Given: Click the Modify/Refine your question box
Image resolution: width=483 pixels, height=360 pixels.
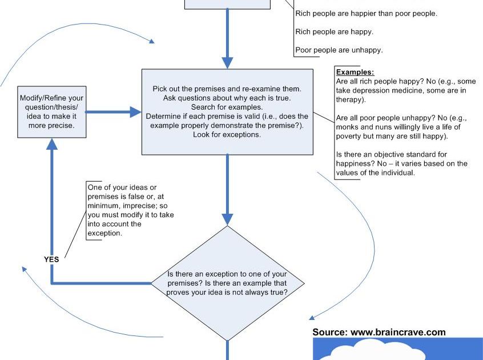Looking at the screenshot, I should [51, 111].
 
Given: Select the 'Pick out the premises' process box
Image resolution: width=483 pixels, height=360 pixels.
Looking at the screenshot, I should [227, 112].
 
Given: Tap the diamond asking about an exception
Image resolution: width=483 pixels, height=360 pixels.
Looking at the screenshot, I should [227, 283].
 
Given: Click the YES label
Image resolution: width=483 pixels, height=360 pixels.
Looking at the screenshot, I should [51, 259].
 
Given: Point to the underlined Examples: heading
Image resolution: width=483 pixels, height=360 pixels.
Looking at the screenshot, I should [355, 73].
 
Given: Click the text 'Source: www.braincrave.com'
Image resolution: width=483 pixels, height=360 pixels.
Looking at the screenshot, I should [379, 332].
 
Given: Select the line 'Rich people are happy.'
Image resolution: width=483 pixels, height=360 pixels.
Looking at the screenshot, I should [334, 32].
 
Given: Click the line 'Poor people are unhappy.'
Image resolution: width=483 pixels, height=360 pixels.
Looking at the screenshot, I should [339, 50].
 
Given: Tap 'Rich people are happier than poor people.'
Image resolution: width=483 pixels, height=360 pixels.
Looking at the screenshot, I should [366, 14].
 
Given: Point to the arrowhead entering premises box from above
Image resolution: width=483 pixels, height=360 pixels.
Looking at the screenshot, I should [227, 62].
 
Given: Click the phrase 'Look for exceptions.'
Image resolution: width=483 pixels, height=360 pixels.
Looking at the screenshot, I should [227, 135].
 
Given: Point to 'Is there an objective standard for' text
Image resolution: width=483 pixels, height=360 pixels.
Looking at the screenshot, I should [392, 154].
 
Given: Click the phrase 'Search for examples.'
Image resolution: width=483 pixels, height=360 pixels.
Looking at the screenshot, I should [227, 107].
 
